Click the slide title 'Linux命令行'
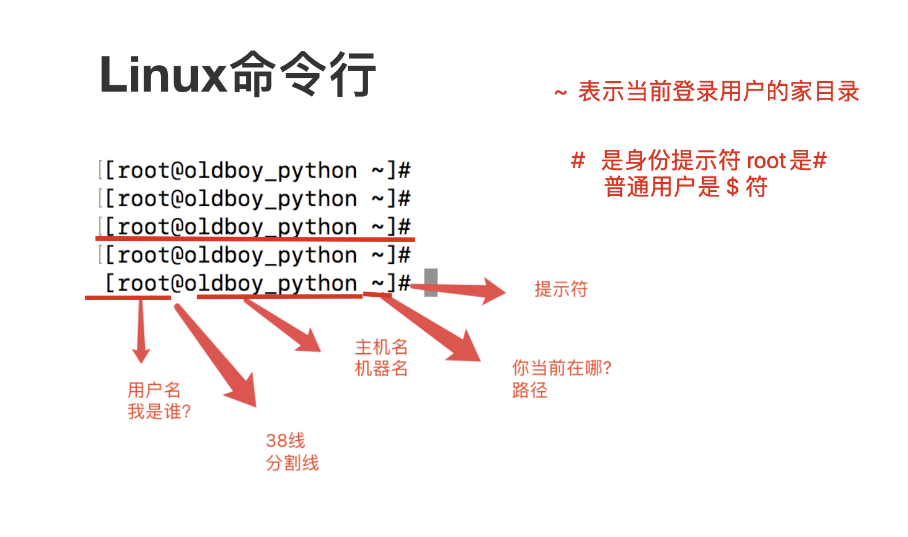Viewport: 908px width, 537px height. click(x=238, y=74)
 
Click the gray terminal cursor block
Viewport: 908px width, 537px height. click(x=430, y=282)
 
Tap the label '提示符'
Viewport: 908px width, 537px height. click(x=561, y=289)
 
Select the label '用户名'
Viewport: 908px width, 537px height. click(x=154, y=390)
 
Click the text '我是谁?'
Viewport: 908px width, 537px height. click(x=159, y=411)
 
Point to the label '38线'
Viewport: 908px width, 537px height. click(x=286, y=441)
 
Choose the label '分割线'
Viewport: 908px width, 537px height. click(x=292, y=463)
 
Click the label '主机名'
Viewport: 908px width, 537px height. click(x=381, y=347)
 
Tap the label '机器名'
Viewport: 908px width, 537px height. click(x=381, y=369)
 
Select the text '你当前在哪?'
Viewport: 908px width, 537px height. click(x=562, y=368)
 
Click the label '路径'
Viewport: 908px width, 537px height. click(x=530, y=390)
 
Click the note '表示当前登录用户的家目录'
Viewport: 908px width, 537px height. click(x=718, y=91)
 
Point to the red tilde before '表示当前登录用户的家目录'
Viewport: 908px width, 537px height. click(x=561, y=93)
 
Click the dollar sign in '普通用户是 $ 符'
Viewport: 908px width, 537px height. click(x=733, y=187)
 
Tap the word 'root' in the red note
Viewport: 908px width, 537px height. click(x=767, y=161)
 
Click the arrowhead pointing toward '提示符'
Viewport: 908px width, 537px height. click(x=494, y=291)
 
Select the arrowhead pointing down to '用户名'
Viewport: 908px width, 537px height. click(x=141, y=356)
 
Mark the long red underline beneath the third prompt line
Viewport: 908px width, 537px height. click(x=255, y=239)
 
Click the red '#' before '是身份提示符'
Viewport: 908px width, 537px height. click(x=578, y=160)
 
